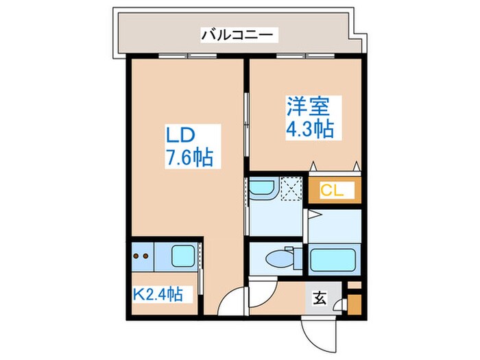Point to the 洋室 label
click(x=308, y=107)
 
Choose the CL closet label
click(x=333, y=190)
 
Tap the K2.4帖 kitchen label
click(x=158, y=295)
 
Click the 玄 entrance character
click(x=320, y=298)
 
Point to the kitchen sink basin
click(x=183, y=257)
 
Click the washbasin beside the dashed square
click(x=261, y=189)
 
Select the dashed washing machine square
click(x=292, y=188)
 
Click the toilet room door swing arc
click(x=261, y=289)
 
